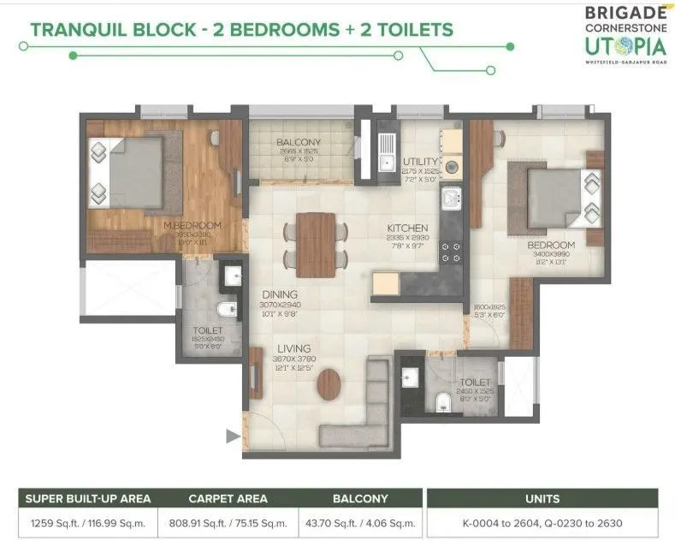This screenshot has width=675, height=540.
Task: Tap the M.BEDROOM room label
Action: coord(192,225)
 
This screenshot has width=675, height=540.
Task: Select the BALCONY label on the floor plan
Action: coord(299,143)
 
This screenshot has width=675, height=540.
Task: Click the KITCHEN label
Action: coord(406,228)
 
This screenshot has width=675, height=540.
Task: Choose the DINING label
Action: coord(280,294)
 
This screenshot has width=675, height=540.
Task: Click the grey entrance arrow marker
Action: coord(232,436)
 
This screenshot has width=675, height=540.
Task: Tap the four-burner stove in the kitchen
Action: coord(451,250)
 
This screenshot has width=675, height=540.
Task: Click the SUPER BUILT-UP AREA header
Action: coord(89,497)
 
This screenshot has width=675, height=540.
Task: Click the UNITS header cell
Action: coord(542,497)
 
